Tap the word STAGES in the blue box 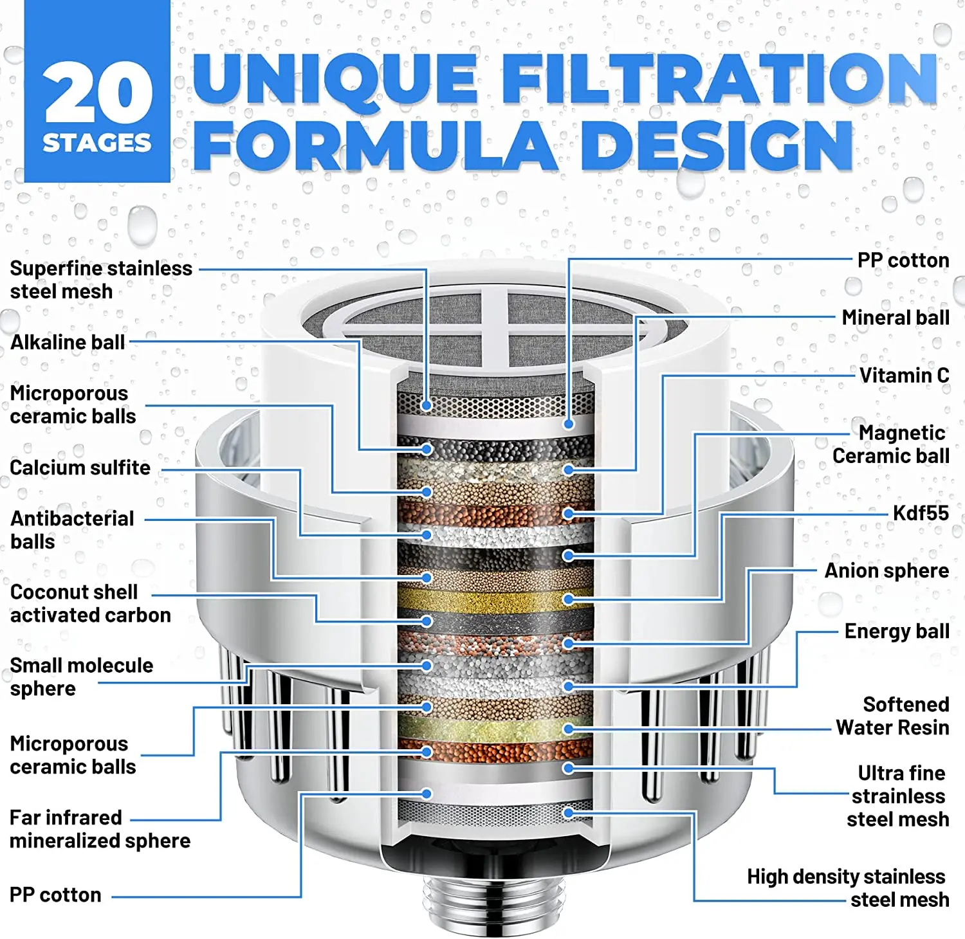(x=97, y=143)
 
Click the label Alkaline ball (x=68, y=342)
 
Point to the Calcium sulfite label (x=80, y=468)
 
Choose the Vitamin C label (x=904, y=375)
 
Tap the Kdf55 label (x=920, y=513)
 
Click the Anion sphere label (x=886, y=570)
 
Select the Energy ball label (x=896, y=631)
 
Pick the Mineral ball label (x=895, y=317)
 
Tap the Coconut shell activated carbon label (x=90, y=603)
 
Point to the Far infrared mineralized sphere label (x=99, y=829)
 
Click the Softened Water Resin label (x=892, y=716)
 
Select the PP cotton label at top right (x=903, y=260)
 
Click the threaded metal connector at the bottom (x=493, y=900)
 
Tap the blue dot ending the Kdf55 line (x=568, y=599)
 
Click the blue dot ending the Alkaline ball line (x=426, y=449)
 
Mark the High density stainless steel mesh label (x=847, y=888)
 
